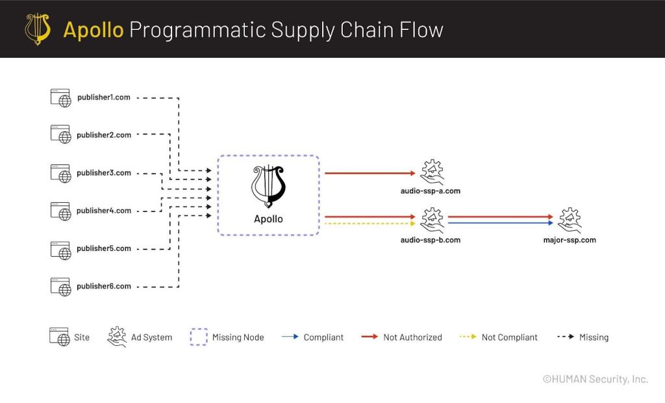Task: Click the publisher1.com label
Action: pyautogui.click(x=103, y=97)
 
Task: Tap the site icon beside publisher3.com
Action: pyautogui.click(x=60, y=174)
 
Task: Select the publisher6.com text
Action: pyautogui.click(x=104, y=286)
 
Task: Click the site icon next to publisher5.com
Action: pyautogui.click(x=60, y=250)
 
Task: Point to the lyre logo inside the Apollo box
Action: pyautogui.click(x=268, y=187)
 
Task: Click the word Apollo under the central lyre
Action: pyautogui.click(x=268, y=219)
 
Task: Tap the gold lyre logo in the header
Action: pyautogui.click(x=38, y=29)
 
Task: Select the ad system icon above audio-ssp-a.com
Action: pyautogui.click(x=432, y=172)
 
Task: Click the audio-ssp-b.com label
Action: pyautogui.click(x=431, y=240)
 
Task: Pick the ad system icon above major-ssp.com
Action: pyautogui.click(x=570, y=220)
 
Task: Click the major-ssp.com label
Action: pyautogui.click(x=570, y=240)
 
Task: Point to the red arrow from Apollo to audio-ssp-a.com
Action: pyautogui.click(x=370, y=174)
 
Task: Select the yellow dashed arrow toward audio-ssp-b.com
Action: pyautogui.click(x=370, y=224)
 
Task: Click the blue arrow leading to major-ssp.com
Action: pyautogui.click(x=501, y=223)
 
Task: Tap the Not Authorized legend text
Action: pyautogui.click(x=412, y=337)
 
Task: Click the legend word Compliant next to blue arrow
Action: pyautogui.click(x=323, y=337)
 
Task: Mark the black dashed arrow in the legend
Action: pyautogui.click(x=566, y=337)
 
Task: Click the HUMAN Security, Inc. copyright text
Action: pyautogui.click(x=596, y=379)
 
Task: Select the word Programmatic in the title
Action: pyautogui.click(x=197, y=30)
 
